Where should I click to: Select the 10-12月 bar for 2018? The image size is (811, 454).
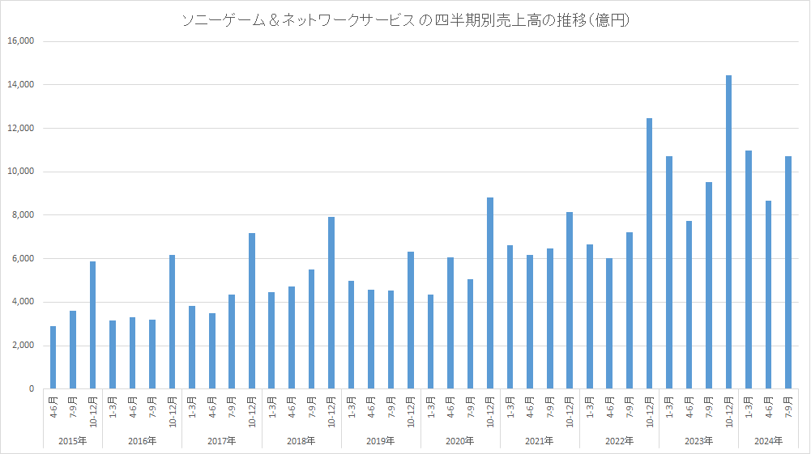(331, 303)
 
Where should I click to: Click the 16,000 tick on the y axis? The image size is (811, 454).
(20, 41)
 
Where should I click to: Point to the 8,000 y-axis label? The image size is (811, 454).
(23, 215)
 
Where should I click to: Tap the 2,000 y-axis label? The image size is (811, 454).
(23, 346)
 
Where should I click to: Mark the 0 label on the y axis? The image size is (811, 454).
(31, 389)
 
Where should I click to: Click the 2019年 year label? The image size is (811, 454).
(381, 441)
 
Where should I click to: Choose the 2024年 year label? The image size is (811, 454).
(768, 441)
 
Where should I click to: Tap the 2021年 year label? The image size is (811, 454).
(540, 441)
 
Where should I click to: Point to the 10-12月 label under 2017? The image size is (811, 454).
(252, 410)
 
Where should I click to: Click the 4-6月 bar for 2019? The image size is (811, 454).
(371, 339)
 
